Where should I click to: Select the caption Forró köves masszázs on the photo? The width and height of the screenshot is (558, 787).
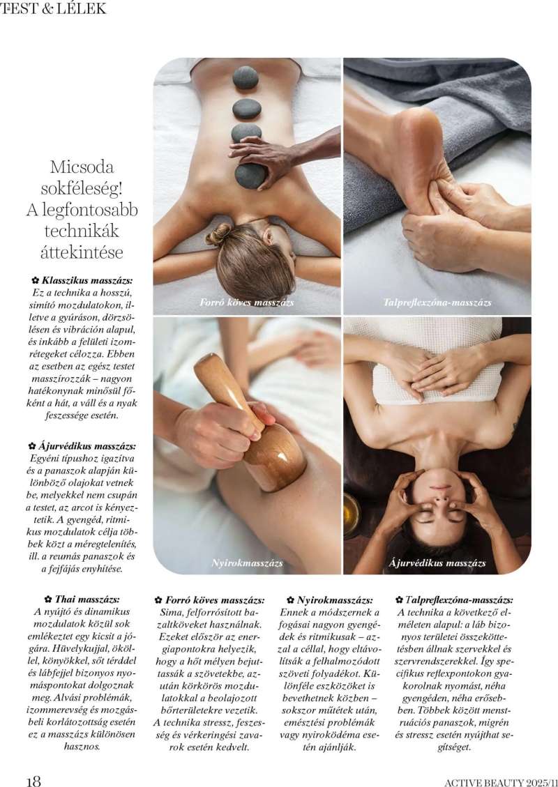[x=247, y=303]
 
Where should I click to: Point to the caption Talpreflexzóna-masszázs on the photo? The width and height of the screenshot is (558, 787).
[x=437, y=303]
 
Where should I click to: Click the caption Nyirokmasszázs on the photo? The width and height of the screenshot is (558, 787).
[x=247, y=562]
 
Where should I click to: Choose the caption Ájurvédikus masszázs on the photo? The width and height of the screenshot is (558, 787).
[x=437, y=562]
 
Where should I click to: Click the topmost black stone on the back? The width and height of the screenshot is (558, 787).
[x=246, y=78]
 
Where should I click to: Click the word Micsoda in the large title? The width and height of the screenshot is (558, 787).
[x=82, y=167]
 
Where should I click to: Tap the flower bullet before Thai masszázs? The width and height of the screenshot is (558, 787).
[x=48, y=599]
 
